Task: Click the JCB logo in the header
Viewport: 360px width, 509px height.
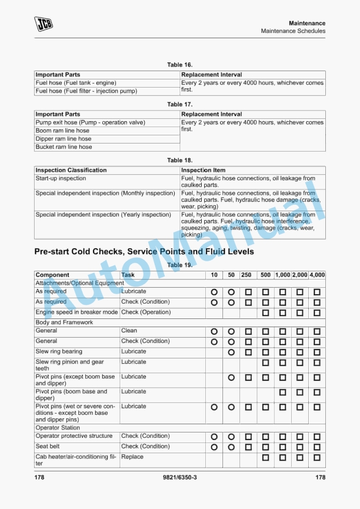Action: click(43, 24)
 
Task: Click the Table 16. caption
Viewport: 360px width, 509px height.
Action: click(179, 65)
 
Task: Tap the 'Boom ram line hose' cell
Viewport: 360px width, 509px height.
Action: click(62, 131)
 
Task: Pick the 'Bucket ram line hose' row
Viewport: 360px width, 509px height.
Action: click(64, 147)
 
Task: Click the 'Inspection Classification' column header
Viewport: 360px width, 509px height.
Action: click(71, 170)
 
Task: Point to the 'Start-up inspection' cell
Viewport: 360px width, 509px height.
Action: click(61, 178)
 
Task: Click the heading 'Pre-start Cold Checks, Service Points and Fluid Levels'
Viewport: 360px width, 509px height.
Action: click(144, 251)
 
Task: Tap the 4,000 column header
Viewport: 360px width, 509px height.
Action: click(317, 275)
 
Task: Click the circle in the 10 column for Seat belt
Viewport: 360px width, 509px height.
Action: click(214, 447)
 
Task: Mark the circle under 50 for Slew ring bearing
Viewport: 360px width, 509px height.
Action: click(231, 352)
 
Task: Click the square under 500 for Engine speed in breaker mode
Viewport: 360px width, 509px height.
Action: click(265, 312)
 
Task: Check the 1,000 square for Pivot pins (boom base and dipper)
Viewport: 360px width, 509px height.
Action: click(283, 392)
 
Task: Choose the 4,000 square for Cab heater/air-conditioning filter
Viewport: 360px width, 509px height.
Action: click(317, 458)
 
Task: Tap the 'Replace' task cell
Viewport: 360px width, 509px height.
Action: click(132, 457)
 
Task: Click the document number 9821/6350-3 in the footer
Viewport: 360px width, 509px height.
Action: click(179, 477)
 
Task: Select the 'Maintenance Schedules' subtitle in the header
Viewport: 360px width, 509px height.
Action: click(293, 31)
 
